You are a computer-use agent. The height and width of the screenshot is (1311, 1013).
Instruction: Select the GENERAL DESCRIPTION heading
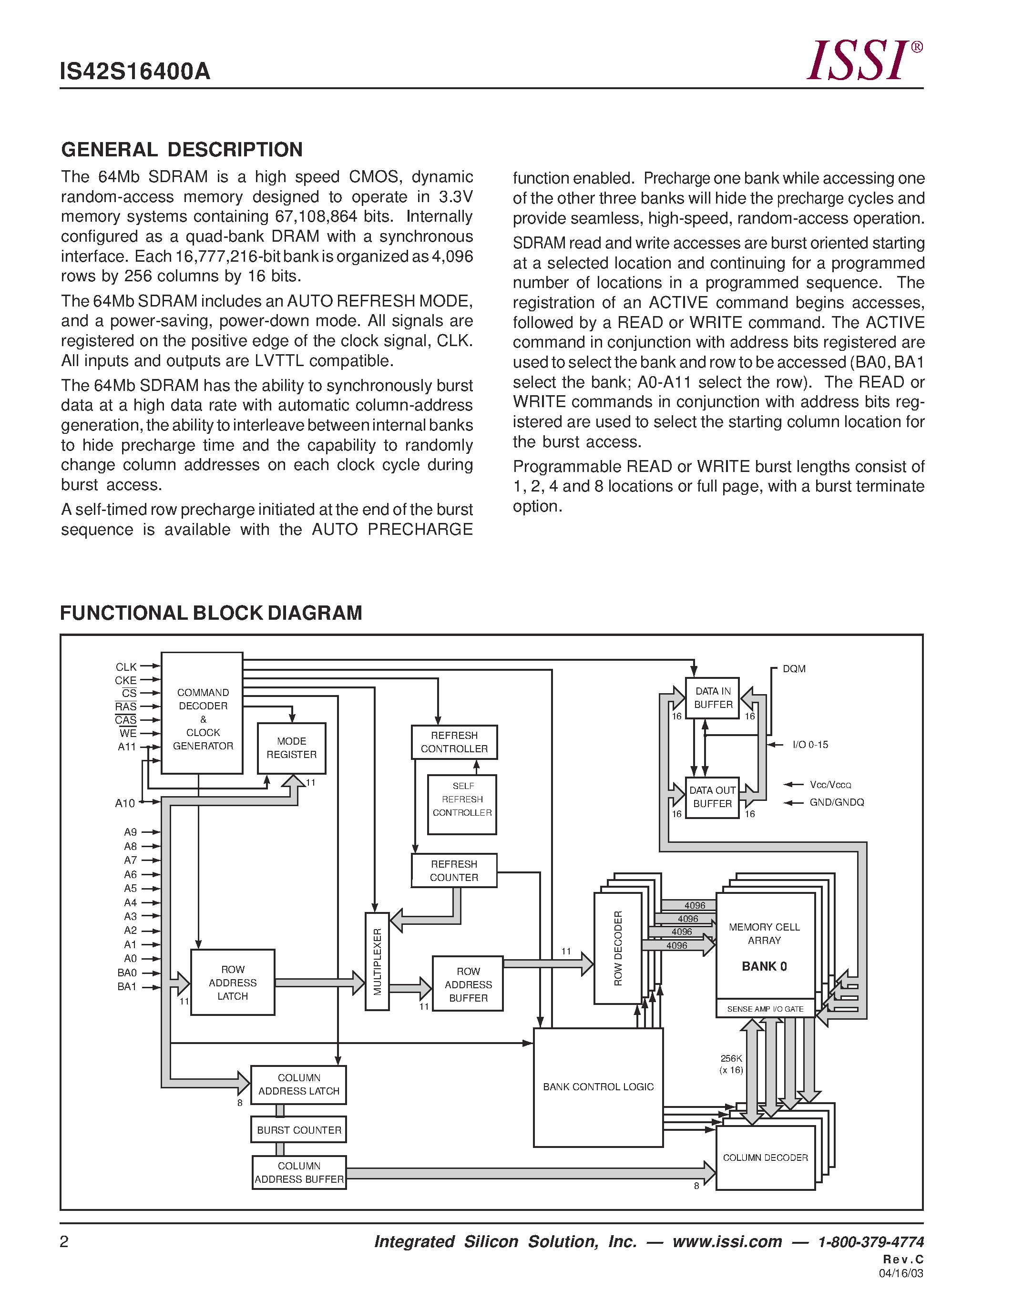click(x=182, y=150)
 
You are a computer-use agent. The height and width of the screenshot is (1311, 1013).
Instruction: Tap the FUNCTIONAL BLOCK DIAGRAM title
click(x=211, y=613)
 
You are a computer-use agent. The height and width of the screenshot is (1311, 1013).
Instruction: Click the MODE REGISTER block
click(x=292, y=748)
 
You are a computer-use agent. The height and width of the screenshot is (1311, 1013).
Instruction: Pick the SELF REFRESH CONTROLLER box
click(x=462, y=804)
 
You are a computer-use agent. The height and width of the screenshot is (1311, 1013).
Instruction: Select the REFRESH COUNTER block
click(x=454, y=871)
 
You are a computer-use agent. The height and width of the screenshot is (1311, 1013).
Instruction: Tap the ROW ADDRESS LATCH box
click(x=232, y=983)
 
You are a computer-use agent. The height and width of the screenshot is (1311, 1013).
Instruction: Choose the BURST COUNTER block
click(x=299, y=1130)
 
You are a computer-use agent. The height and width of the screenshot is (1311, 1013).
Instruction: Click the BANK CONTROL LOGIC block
click(x=598, y=1087)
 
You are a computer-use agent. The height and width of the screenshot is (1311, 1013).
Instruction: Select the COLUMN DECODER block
click(x=765, y=1157)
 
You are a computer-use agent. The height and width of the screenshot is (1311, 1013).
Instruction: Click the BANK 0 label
click(x=764, y=966)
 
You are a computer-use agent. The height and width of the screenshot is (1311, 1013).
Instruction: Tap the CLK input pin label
click(x=126, y=667)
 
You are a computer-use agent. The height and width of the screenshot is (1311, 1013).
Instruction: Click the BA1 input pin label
click(x=127, y=987)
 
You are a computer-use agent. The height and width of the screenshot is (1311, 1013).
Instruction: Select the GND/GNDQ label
click(x=837, y=802)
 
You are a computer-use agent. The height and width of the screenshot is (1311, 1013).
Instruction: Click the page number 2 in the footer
click(x=64, y=1242)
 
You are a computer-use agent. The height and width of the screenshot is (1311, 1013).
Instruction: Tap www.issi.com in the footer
click(x=727, y=1242)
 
